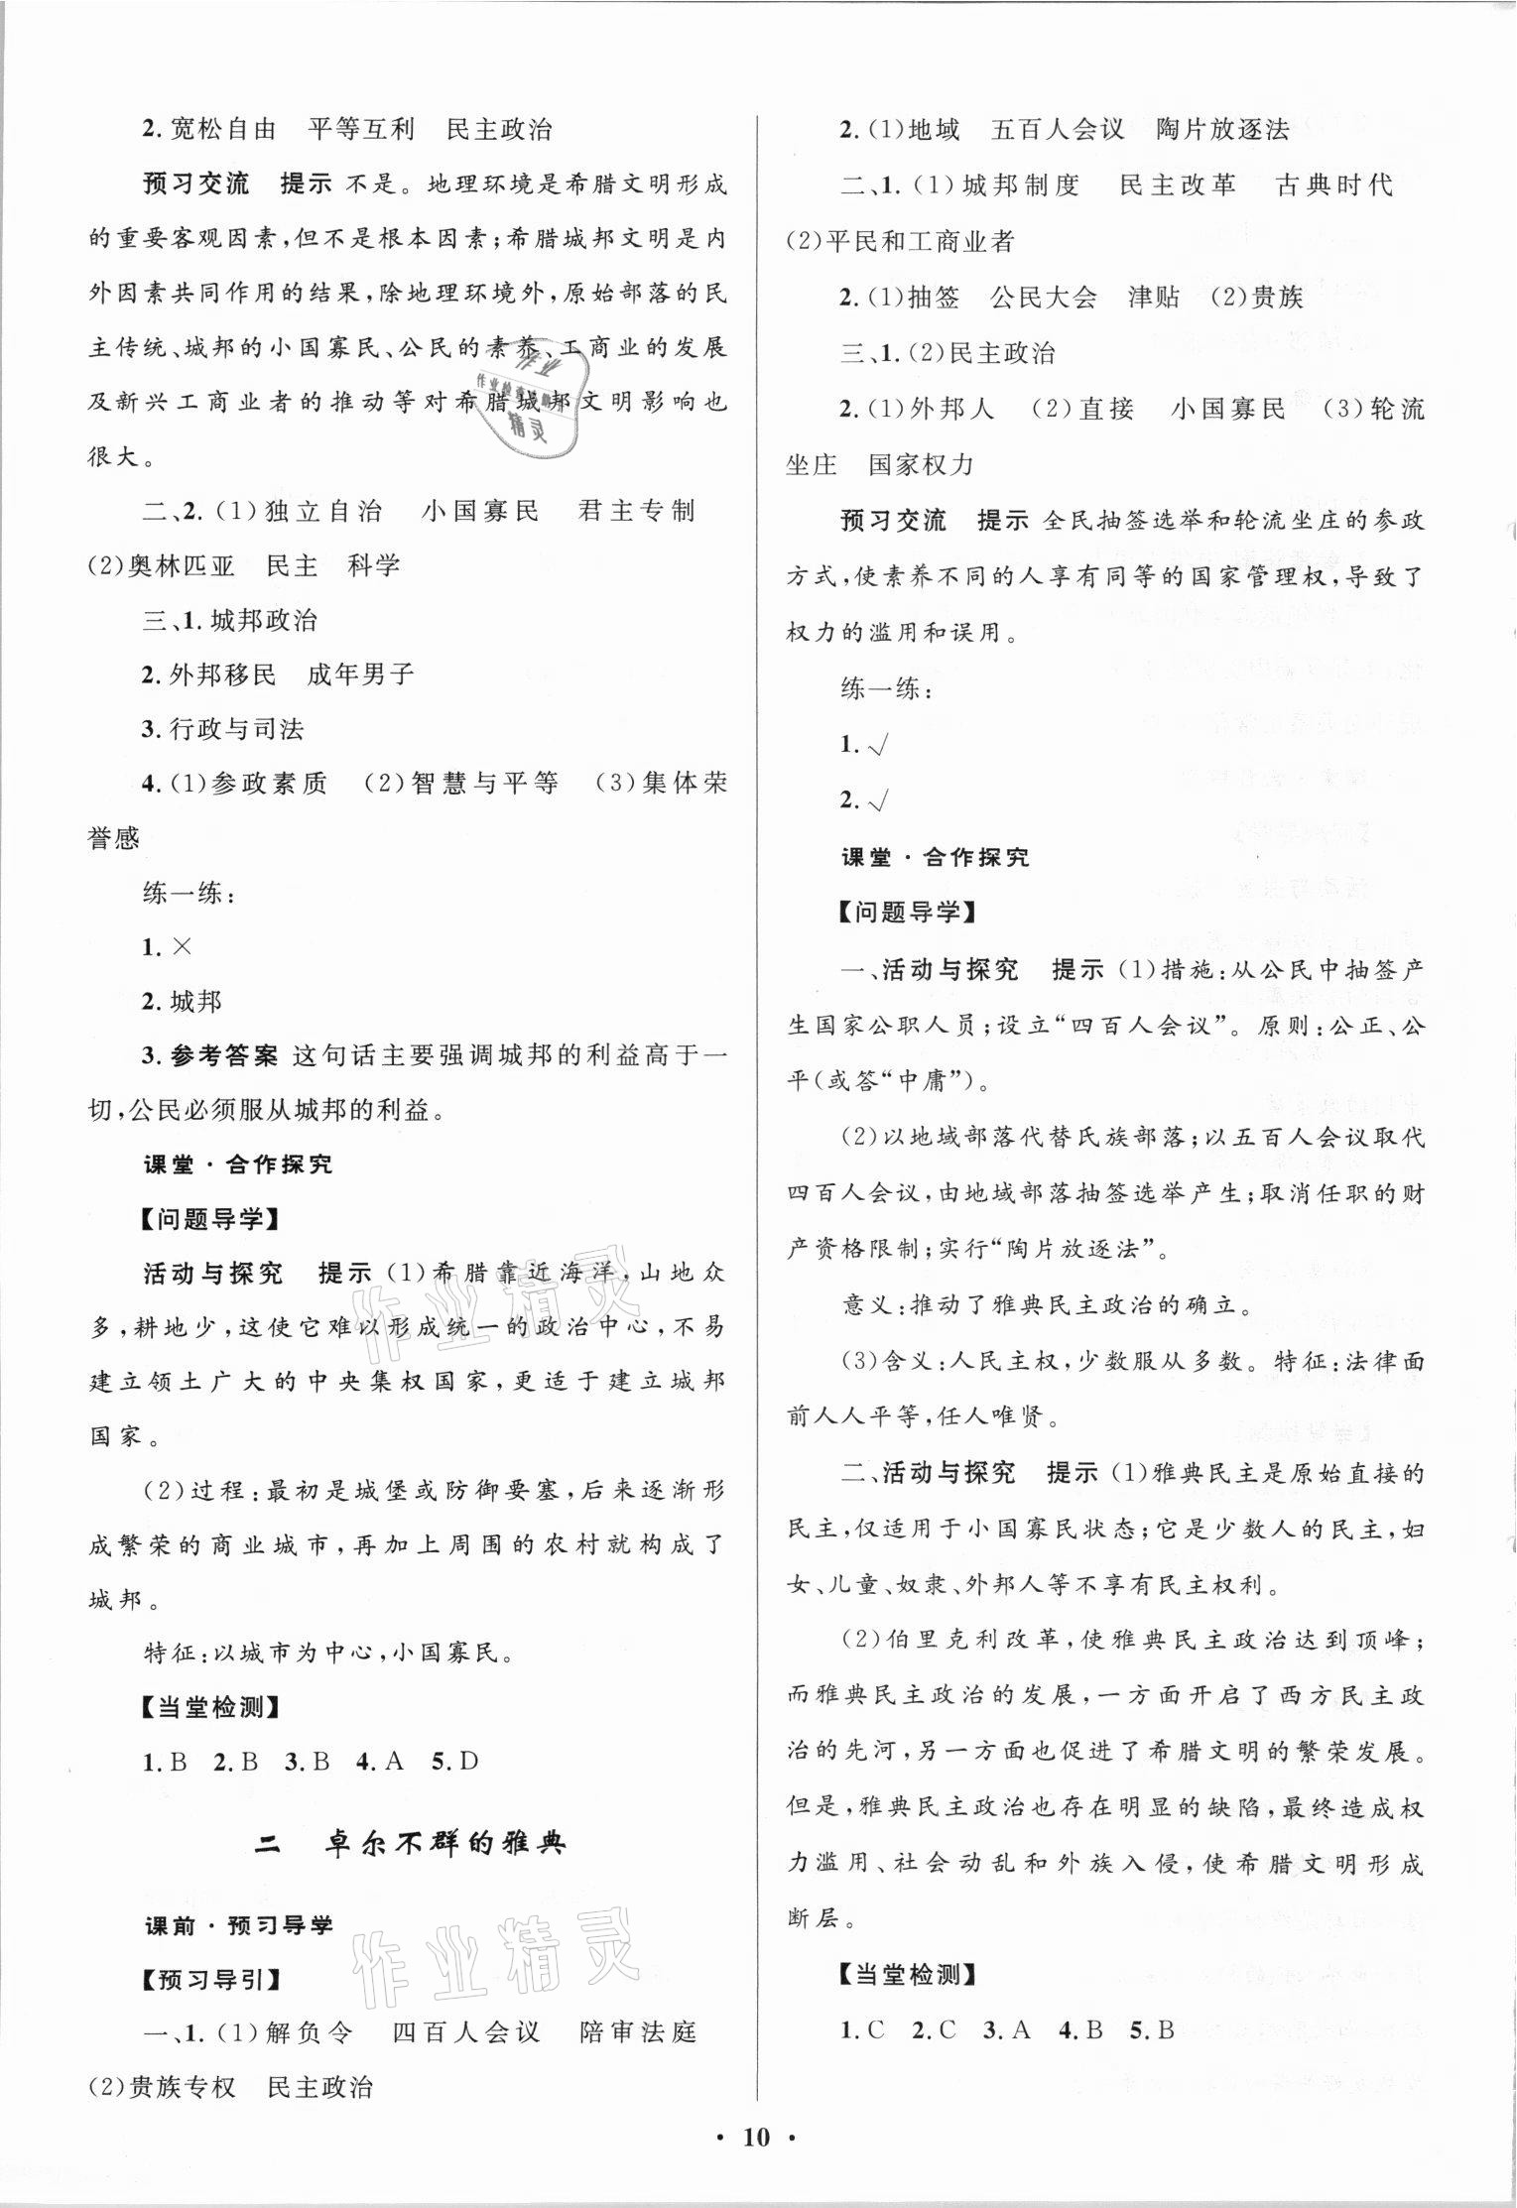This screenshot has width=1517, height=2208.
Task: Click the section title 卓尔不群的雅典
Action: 445,1844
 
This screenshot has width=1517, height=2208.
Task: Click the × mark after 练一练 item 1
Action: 182,946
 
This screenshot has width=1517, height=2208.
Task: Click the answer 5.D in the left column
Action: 455,1761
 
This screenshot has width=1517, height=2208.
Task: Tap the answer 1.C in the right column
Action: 862,2029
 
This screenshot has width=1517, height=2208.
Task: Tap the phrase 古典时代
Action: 1333,185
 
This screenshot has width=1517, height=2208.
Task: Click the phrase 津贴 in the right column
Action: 1154,297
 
